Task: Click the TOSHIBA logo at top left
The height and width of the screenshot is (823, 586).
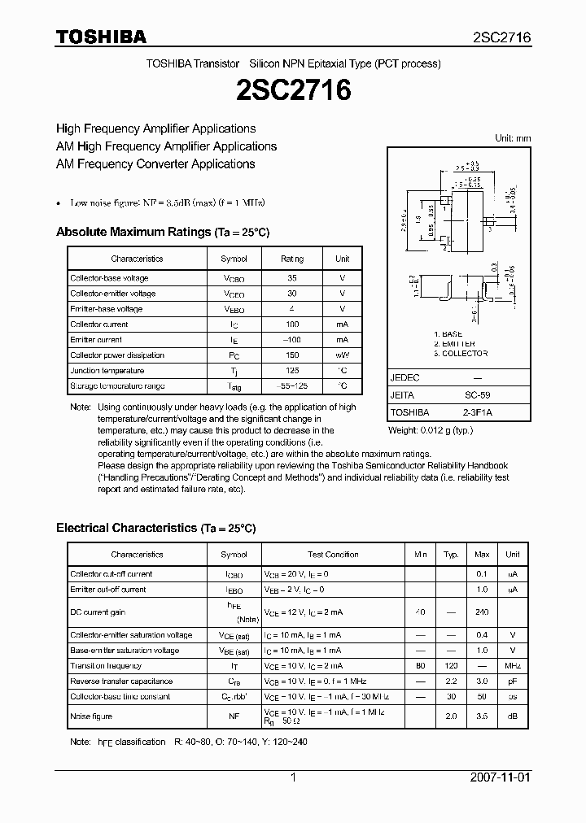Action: tap(101, 37)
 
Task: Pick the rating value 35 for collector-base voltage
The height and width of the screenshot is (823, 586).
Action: tap(292, 278)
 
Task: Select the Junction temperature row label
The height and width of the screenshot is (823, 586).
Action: tap(107, 370)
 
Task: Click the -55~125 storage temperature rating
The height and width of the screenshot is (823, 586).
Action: tap(292, 385)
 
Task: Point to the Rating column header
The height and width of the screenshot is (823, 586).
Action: tap(292, 259)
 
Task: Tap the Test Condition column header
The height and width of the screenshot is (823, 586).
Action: tap(333, 555)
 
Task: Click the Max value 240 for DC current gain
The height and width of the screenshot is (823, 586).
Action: tap(482, 612)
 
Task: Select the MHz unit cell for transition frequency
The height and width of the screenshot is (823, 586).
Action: tap(512, 665)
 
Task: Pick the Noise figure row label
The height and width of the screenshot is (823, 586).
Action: tap(91, 716)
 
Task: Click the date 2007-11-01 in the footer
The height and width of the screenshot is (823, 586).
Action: tap(500, 777)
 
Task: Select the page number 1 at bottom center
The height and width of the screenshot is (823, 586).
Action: tap(293, 777)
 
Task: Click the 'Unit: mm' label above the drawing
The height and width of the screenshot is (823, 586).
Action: tap(513, 138)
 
